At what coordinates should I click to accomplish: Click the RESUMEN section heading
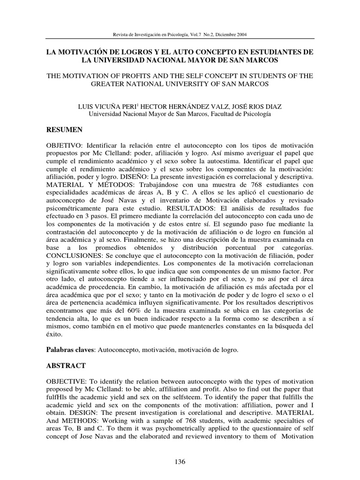(x=64, y=129)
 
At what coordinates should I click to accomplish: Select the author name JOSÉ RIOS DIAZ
(x=254, y=107)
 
